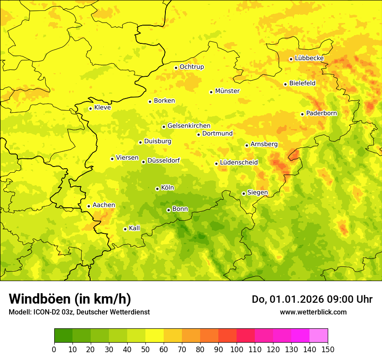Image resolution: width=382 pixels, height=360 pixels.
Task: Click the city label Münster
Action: pyautogui.click(x=227, y=91)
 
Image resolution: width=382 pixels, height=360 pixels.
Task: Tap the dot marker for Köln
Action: pyautogui.click(x=157, y=189)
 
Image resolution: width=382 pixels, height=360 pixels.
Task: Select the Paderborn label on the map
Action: pyautogui.click(x=321, y=113)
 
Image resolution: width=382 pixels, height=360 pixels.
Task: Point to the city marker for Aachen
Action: pyautogui.click(x=89, y=206)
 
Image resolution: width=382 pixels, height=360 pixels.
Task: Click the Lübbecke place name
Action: pyautogui.click(x=309, y=58)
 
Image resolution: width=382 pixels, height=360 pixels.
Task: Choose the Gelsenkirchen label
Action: pyautogui.click(x=189, y=126)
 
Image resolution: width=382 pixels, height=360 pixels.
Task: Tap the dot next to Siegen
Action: pyautogui.click(x=244, y=193)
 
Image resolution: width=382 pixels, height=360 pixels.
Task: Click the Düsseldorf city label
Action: pyautogui.click(x=163, y=160)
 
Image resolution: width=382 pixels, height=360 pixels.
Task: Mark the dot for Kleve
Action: pyautogui.click(x=90, y=108)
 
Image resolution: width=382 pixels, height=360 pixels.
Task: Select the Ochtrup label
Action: pyautogui.click(x=191, y=67)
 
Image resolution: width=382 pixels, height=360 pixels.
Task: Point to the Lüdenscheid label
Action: pyautogui.click(x=239, y=163)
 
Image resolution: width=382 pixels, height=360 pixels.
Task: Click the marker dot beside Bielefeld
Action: pyautogui.click(x=285, y=84)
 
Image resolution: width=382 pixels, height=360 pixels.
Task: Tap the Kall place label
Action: pyautogui.click(x=135, y=228)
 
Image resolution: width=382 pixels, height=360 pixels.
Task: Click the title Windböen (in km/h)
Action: pyautogui.click(x=70, y=299)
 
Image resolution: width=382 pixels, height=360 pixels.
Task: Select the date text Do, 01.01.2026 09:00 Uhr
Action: pyautogui.click(x=312, y=299)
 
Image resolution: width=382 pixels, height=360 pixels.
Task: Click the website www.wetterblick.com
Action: pyautogui.click(x=313, y=312)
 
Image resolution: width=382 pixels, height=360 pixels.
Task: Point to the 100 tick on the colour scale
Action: pyautogui.click(x=237, y=349)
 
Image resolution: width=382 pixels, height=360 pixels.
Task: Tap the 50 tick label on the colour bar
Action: pyautogui.click(x=145, y=349)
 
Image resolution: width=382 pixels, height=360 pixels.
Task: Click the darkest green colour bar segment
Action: pyautogui.click(x=63, y=335)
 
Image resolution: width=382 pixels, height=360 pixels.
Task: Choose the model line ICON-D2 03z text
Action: pyautogui.click(x=79, y=312)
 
